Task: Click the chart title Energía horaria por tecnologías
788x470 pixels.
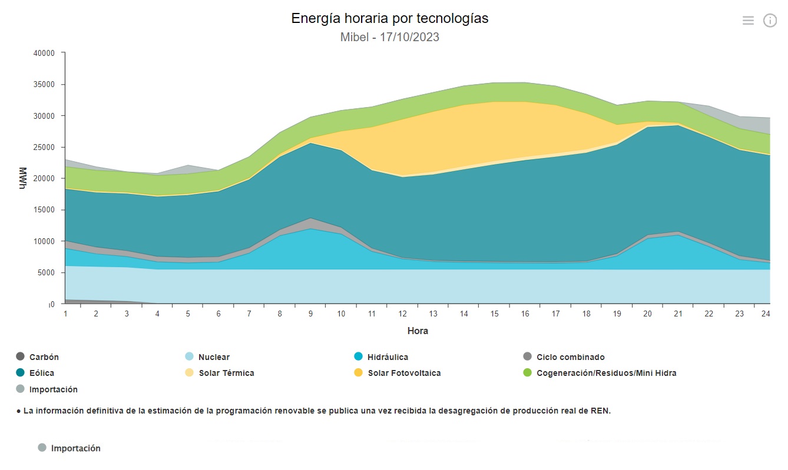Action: click(x=389, y=18)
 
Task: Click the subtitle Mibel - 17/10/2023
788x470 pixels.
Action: click(x=389, y=37)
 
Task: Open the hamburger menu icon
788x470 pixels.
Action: click(x=748, y=21)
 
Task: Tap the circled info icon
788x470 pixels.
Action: click(x=770, y=21)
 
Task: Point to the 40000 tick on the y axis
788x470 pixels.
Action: click(x=44, y=53)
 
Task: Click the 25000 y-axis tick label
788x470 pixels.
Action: click(x=44, y=147)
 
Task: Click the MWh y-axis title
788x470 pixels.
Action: click(x=23, y=178)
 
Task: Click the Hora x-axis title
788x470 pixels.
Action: click(x=418, y=331)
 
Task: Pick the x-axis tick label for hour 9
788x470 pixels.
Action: click(x=310, y=314)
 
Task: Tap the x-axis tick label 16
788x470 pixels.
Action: click(x=525, y=314)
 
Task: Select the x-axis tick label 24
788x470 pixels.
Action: click(x=766, y=314)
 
